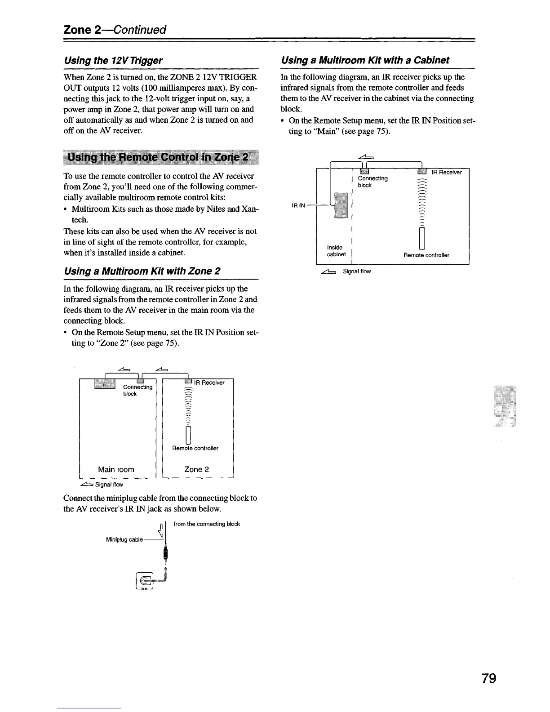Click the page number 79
488,677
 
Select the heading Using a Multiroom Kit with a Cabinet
365,60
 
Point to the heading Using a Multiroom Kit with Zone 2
142,271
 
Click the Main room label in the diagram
116,469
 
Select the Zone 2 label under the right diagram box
197,469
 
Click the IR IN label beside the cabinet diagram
299,205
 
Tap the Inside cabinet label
336,251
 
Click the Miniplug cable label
124,539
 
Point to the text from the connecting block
207,524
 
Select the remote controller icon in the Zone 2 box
189,435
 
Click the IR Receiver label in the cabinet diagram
446,172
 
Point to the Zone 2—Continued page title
115,30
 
